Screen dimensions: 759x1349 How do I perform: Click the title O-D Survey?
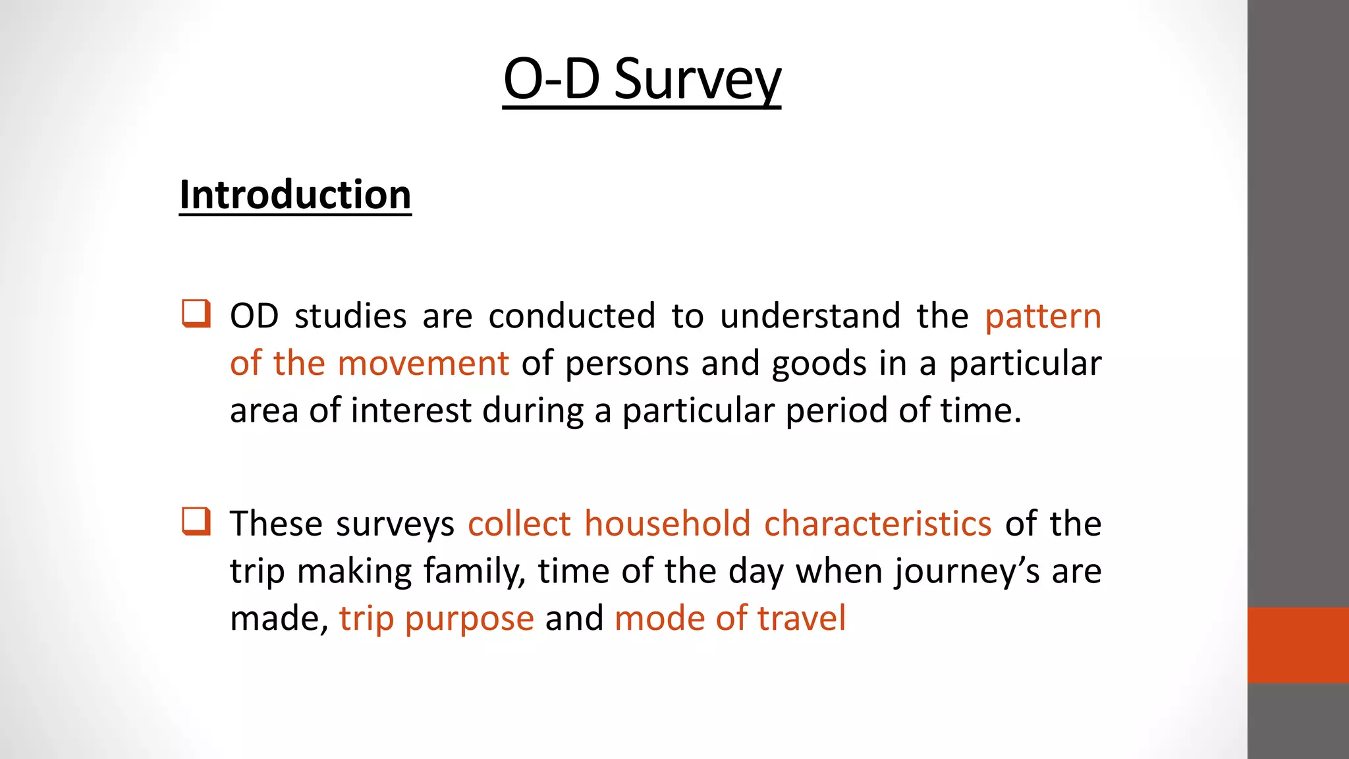click(642, 79)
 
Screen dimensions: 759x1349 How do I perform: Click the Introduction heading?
click(295, 195)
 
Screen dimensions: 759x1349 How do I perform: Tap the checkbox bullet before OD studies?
click(196, 314)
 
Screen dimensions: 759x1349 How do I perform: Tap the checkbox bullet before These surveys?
click(196, 521)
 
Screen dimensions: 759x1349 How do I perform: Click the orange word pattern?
click(1043, 317)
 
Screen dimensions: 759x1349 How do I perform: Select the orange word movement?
click(423, 364)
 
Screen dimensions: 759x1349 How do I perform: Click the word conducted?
click(572, 316)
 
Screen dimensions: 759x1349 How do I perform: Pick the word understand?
click(810, 316)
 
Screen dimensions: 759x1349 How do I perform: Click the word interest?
click(410, 410)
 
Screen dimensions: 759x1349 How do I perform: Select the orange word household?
click(667, 524)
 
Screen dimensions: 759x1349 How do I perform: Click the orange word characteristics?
click(877, 524)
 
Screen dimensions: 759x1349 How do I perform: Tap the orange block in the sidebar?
click(1298, 644)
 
